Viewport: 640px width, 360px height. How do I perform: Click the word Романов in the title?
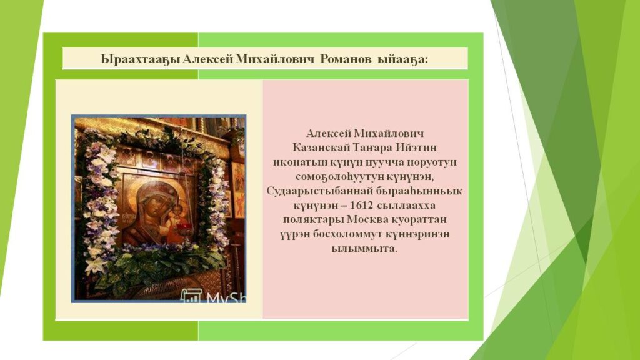point(345,59)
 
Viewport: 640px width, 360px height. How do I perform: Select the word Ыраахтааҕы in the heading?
point(140,59)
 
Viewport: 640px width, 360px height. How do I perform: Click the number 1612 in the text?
point(361,205)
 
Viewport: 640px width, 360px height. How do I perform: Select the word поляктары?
point(314,220)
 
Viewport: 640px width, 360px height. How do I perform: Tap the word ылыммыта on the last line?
point(364,249)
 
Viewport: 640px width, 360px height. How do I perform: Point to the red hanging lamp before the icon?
point(184,226)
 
